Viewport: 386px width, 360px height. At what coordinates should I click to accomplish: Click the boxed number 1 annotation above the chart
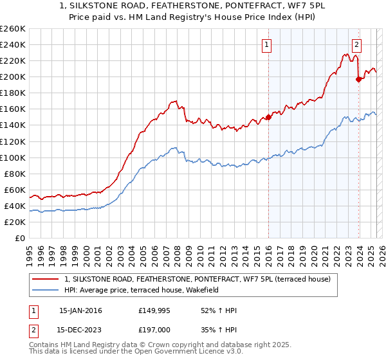(x=266, y=44)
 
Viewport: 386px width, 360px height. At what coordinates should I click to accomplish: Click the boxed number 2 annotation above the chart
(x=356, y=44)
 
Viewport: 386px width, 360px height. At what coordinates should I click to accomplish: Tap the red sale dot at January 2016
(x=268, y=117)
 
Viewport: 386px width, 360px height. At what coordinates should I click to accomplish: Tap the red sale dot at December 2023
(x=358, y=79)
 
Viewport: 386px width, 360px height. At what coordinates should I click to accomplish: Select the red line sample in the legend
(x=46, y=279)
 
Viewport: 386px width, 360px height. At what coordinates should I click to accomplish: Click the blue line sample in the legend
(x=46, y=290)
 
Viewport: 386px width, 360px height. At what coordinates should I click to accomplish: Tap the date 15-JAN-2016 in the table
(x=80, y=310)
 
